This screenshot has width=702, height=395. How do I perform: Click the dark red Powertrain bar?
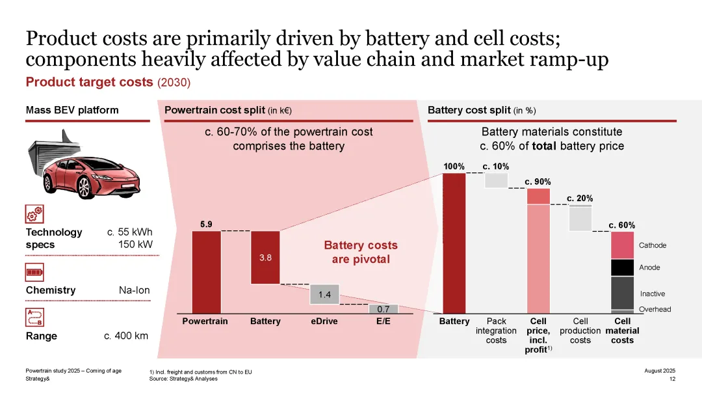pos(206,272)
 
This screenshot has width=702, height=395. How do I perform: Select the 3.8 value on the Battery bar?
pos(265,257)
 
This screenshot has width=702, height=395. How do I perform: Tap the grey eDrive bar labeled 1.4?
pos(324,295)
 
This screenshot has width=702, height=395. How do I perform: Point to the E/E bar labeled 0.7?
pos(383,309)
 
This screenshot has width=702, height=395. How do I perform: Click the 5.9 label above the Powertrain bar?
pos(206,225)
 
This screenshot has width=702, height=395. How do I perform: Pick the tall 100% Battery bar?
pos(454,243)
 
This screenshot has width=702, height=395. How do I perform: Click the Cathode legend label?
pos(652,245)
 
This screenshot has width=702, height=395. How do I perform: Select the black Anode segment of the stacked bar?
pos(622,267)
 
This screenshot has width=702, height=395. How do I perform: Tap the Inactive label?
pos(652,294)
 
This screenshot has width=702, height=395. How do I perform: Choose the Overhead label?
pos(655,309)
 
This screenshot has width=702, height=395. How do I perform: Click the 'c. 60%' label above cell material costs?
pos(622,225)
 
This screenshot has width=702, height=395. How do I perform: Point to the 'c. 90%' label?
pos(538,182)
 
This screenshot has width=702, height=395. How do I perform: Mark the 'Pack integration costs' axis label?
pos(496,331)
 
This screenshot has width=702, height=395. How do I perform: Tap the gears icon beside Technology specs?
pos(34,213)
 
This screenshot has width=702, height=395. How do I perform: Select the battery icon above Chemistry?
pos(34,272)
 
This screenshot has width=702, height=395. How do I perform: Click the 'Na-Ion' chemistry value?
pos(134,290)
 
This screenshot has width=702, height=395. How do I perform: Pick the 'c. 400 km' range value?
pos(126,336)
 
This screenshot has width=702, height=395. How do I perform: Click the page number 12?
pos(672,379)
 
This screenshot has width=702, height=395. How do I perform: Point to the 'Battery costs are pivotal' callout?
pos(361,252)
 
